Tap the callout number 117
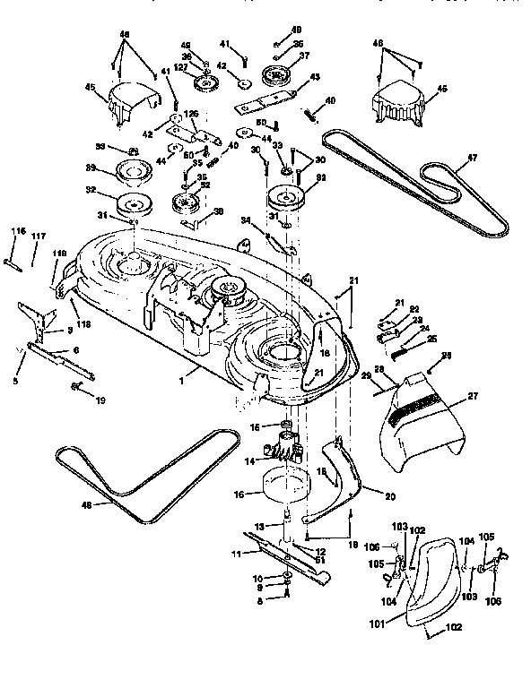39,236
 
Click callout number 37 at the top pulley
303,55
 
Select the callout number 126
190,114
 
